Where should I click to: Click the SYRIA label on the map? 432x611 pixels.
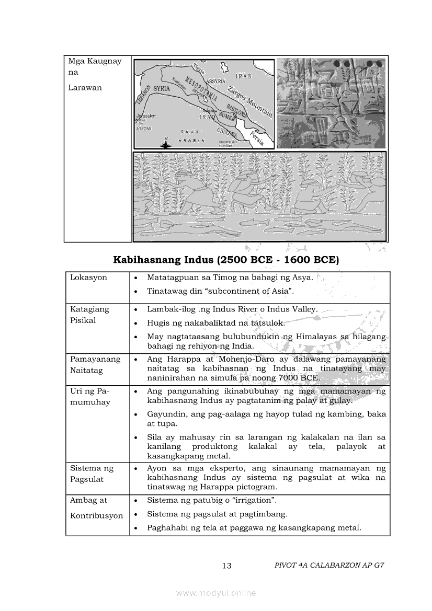(162, 89)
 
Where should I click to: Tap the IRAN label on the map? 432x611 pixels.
(243, 76)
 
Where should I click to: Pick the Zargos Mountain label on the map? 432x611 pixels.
(250, 100)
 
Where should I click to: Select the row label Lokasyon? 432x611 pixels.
(88, 278)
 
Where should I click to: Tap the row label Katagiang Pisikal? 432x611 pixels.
(90, 315)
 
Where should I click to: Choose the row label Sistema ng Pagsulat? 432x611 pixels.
(92, 474)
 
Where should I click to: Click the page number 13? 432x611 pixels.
(226, 566)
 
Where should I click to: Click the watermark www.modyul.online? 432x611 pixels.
(216, 593)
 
